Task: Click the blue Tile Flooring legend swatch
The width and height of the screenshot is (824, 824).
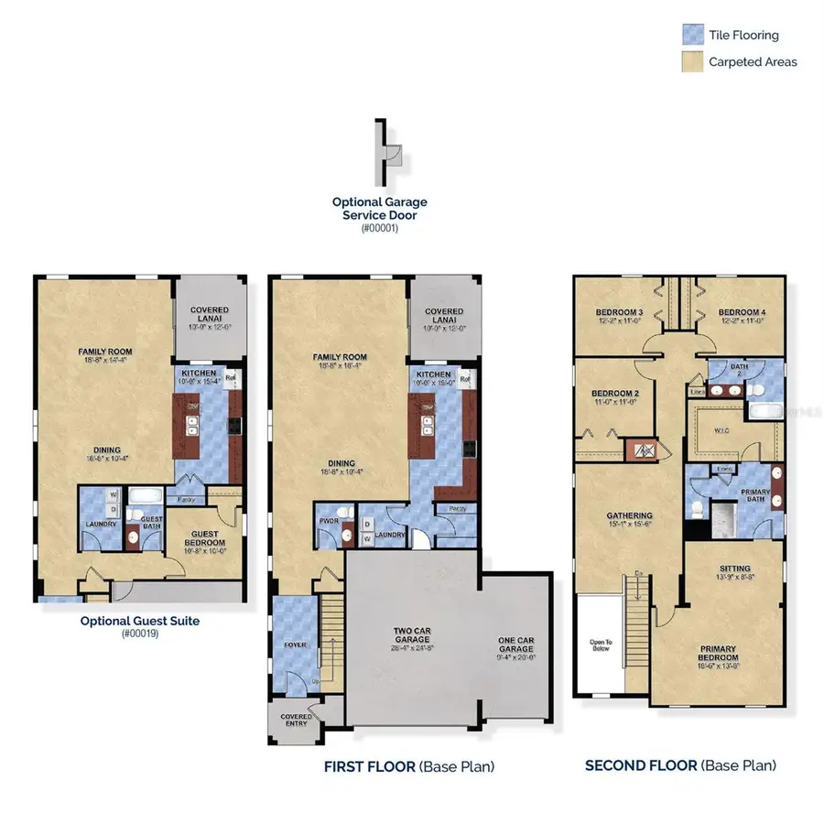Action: (693, 36)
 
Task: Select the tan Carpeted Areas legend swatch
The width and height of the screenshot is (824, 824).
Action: (693, 62)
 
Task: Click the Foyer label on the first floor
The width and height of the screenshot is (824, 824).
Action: (295, 645)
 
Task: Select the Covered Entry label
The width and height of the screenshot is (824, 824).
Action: (292, 721)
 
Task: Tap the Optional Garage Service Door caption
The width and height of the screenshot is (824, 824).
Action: (378, 208)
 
